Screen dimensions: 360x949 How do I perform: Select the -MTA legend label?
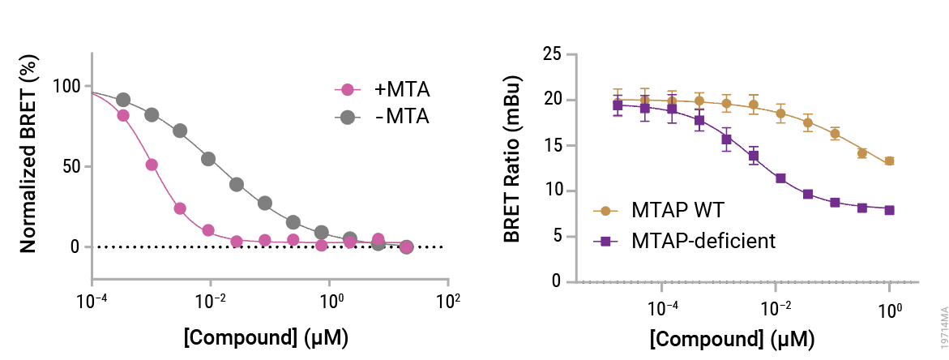coord(402,116)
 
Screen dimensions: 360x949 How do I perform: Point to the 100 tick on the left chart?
coord(66,87)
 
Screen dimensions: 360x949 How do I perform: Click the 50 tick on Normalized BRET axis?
coord(71,166)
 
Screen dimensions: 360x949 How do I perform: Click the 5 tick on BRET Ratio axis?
coord(556,237)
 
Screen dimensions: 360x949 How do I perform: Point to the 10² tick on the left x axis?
coord(448,302)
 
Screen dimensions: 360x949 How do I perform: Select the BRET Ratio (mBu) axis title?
coord(512,159)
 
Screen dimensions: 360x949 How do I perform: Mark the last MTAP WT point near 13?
coord(889,161)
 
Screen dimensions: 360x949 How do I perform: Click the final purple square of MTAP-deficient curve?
coord(889,210)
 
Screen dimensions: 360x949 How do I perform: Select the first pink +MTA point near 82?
coord(123,115)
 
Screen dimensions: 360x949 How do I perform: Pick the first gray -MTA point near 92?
coord(123,100)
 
